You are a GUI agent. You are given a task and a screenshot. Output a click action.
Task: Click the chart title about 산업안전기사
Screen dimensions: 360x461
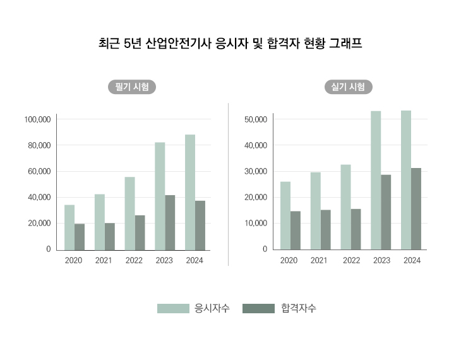click(230, 44)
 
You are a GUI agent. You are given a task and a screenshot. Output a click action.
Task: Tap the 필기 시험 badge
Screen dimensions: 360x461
click(131, 87)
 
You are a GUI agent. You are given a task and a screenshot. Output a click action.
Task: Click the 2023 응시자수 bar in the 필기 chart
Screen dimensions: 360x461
click(160, 196)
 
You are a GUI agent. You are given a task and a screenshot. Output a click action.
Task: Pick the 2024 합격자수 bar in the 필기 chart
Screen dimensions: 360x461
click(200, 225)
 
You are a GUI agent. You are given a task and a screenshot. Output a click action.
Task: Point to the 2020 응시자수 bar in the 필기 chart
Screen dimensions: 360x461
click(69, 227)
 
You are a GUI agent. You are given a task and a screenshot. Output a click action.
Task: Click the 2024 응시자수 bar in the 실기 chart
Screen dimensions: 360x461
click(406, 180)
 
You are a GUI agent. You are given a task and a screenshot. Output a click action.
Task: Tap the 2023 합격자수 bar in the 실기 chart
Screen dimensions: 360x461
click(386, 212)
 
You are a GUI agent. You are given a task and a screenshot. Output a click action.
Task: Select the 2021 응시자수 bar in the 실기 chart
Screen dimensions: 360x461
click(315, 211)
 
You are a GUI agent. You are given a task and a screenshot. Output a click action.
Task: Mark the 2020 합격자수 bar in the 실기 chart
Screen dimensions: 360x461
click(296, 230)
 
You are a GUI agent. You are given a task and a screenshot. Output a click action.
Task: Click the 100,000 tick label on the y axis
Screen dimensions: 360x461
click(37, 119)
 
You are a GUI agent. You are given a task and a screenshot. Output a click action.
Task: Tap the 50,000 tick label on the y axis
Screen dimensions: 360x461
click(256, 119)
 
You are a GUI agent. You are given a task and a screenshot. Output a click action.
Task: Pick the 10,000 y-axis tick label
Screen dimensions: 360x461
click(256, 223)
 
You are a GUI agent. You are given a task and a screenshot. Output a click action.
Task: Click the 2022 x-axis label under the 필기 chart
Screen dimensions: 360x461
click(134, 260)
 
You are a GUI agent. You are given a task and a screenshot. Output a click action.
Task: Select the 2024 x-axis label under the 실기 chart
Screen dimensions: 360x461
click(412, 260)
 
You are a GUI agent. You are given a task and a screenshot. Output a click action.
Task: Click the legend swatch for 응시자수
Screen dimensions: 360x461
click(173, 308)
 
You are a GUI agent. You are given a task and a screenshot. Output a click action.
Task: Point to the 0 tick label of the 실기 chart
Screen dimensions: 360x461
click(266, 249)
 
